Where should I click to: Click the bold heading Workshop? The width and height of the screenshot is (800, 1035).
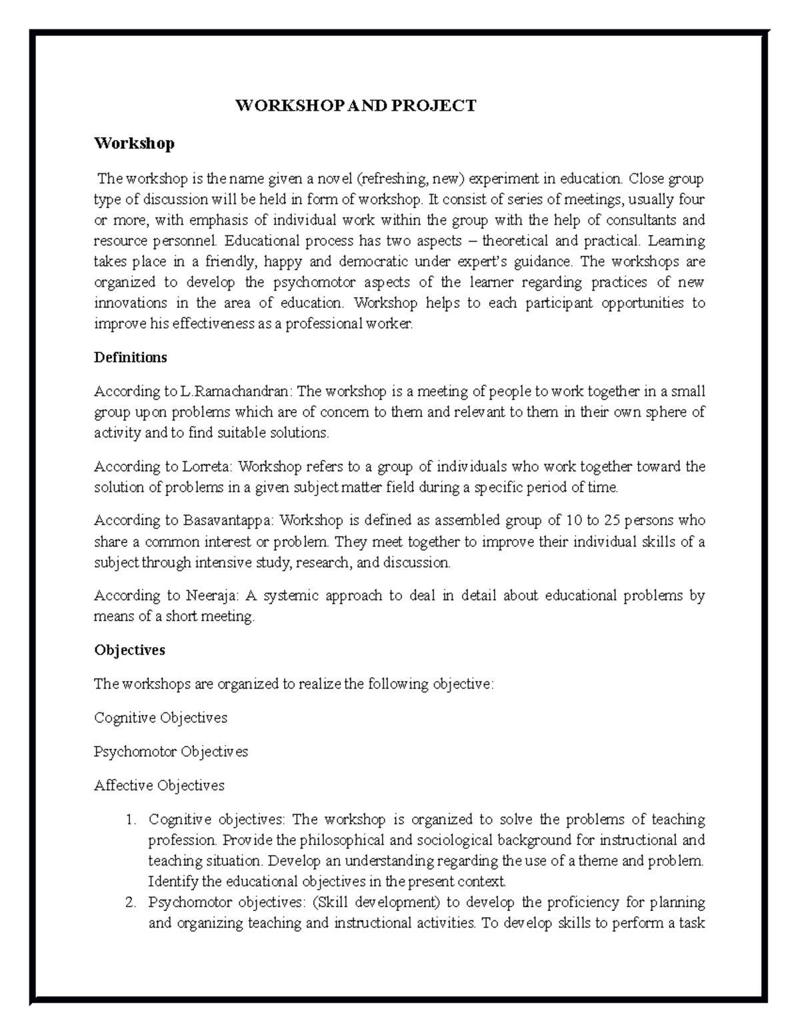tap(134, 143)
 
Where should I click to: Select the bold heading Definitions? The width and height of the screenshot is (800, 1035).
tap(130, 357)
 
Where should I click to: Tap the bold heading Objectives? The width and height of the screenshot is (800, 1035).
tap(129, 650)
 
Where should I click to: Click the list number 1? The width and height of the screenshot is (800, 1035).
tap(131, 820)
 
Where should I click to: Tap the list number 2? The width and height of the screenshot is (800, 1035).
tap(131, 903)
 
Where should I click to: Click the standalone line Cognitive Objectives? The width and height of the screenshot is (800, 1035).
tap(161, 718)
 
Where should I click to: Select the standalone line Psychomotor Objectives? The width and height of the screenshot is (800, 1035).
tap(171, 752)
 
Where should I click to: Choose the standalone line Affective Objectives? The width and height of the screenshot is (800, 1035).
tap(159, 786)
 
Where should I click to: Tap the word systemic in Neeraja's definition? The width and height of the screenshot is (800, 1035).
tap(290, 596)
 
